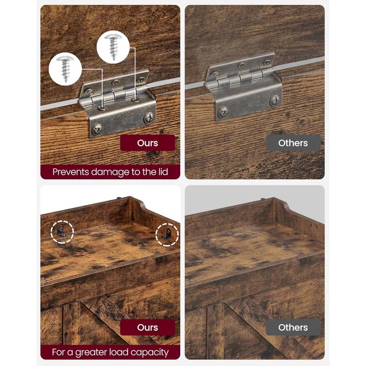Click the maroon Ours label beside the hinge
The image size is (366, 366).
(147, 143)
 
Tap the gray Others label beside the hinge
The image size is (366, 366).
(293, 143)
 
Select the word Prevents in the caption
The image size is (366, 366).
(70, 172)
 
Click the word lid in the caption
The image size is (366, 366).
(163, 172)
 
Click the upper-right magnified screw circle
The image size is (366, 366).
(113, 47)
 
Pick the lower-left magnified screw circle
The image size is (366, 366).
(65, 69)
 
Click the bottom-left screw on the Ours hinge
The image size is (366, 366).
(97, 129)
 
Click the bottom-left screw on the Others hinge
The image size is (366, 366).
(224, 112)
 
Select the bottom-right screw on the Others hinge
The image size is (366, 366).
(275, 100)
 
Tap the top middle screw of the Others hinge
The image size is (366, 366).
(242, 65)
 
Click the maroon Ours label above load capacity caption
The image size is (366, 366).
(147, 327)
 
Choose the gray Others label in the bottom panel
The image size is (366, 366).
(293, 327)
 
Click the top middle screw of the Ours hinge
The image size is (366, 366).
(115, 83)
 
